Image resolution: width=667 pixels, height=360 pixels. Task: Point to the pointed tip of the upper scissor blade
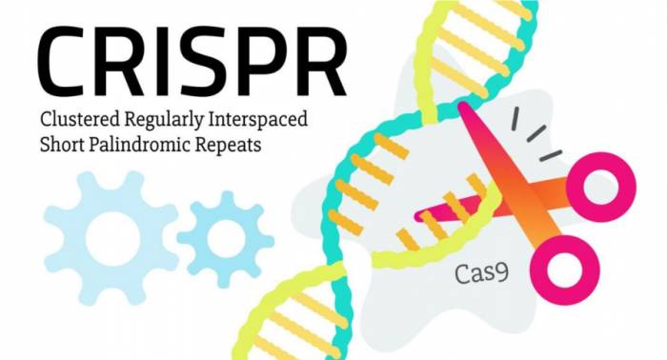pos(463,108)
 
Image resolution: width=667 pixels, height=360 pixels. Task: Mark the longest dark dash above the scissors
pos(515,119)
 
